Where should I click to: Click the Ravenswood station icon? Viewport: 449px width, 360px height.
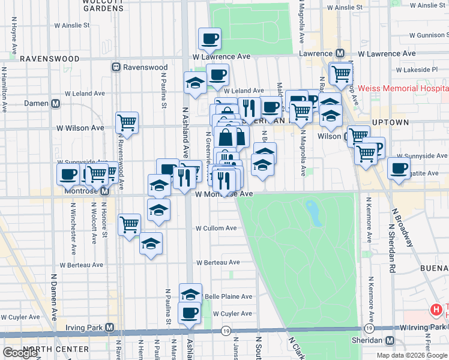click(116, 68)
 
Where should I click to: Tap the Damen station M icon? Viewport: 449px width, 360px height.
click(55, 103)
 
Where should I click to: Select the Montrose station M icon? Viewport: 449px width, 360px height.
click(104, 191)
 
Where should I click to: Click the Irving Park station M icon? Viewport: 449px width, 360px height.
click(109, 328)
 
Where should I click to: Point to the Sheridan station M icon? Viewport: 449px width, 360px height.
click(390, 340)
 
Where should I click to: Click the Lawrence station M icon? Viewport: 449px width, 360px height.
click(339, 53)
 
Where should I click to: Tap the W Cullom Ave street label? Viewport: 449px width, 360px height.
click(216, 229)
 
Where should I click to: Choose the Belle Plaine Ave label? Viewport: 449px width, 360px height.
click(229, 296)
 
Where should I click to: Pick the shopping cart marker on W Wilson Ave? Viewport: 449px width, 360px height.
click(127, 122)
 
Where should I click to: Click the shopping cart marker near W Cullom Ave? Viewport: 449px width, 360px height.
click(130, 225)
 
